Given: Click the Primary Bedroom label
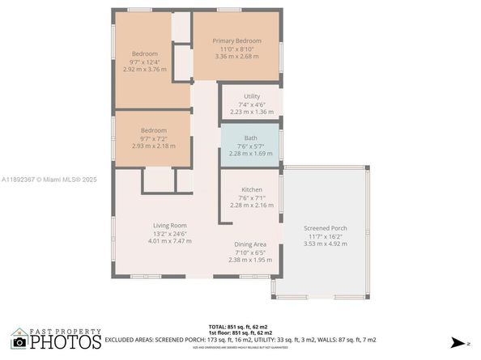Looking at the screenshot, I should (x=236, y=40).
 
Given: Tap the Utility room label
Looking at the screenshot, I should (x=252, y=96).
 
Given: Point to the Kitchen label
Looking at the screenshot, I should (x=251, y=189).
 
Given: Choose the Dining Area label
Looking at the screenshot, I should (x=250, y=244).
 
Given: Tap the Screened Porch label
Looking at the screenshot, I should (x=325, y=228).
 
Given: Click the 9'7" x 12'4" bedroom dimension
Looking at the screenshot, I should (x=145, y=61).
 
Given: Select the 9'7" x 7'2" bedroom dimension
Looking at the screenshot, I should (x=153, y=138).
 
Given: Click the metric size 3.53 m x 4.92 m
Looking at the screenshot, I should (x=325, y=243).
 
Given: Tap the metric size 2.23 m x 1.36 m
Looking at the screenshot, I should (x=252, y=112).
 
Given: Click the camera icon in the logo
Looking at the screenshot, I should (x=19, y=342).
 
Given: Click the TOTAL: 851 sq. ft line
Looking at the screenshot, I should (x=242, y=326).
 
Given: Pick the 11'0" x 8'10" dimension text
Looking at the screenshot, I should (x=236, y=49).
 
